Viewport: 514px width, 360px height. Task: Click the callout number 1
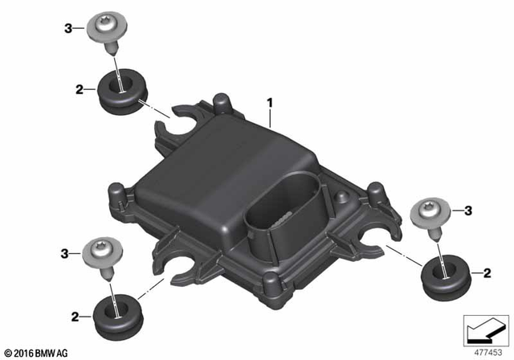tap(271, 103)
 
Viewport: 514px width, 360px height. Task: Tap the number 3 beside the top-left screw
tap(68, 29)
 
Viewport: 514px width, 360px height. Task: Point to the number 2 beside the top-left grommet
tap(79, 90)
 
